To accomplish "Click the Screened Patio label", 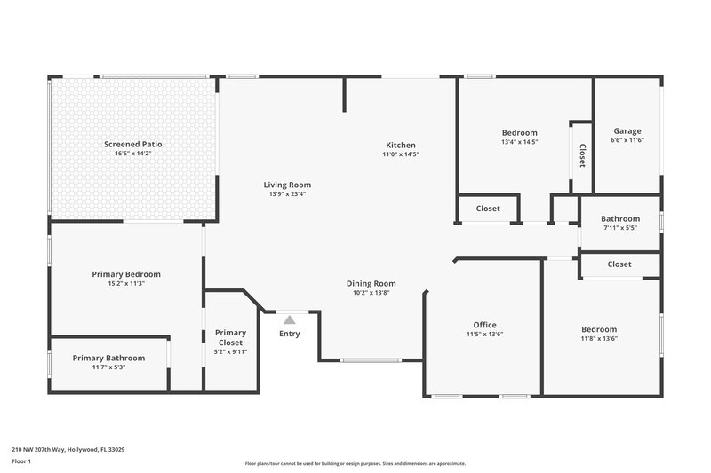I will [x=132, y=144].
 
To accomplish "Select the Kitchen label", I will [x=400, y=145].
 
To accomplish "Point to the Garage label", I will [x=627, y=130].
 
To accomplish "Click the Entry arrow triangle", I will [x=290, y=319].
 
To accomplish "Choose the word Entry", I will [x=290, y=334].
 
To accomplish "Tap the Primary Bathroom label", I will [x=108, y=358].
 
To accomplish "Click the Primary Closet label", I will [x=231, y=338].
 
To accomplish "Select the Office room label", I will [x=484, y=325].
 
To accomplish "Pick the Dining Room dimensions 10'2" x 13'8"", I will [x=371, y=293].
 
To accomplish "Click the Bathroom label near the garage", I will [x=619, y=218].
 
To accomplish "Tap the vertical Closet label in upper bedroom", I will [x=582, y=156].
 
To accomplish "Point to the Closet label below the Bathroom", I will [x=619, y=264].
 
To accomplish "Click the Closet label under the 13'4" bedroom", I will [x=488, y=209].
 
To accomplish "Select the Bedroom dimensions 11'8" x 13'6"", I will [x=599, y=338].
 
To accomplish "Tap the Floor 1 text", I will [x=21, y=462].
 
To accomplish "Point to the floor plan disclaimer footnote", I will [x=355, y=463].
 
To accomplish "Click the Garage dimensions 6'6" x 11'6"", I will [x=627, y=140].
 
